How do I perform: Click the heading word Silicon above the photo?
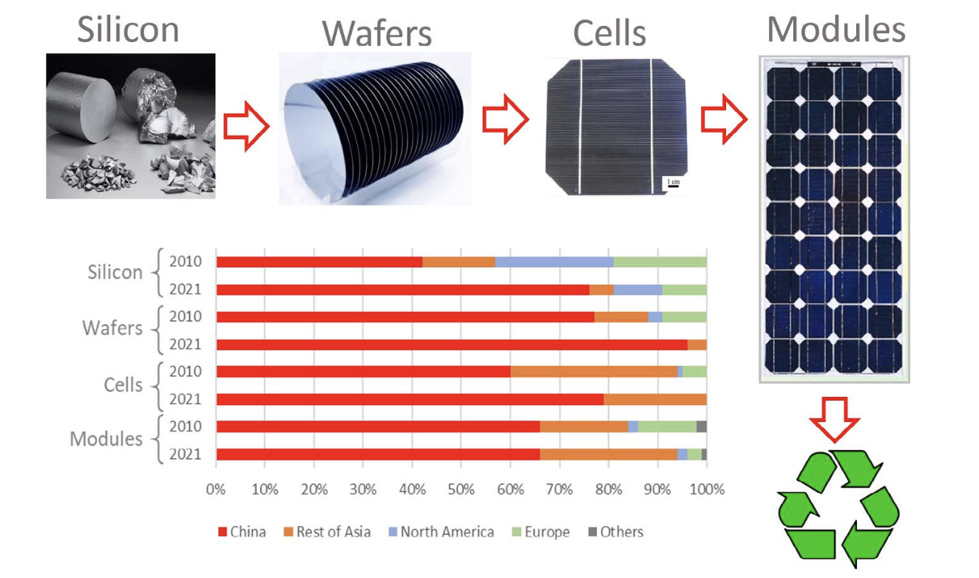point(128,30)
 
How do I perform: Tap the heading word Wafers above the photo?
point(377,33)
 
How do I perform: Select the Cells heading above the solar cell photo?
point(609,33)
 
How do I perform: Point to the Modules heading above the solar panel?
point(836,30)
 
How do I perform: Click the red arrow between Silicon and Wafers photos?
point(246,126)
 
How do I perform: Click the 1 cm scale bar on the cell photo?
point(674,186)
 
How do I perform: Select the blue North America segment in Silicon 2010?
point(554,262)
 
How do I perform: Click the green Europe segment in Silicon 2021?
point(685,290)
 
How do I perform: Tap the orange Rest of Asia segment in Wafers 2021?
point(697,344)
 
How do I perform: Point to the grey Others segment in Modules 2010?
point(702,426)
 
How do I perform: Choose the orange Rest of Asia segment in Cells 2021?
point(655,399)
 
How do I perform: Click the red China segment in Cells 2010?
point(364,372)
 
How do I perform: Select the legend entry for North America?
point(441,531)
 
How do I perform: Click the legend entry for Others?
point(616,531)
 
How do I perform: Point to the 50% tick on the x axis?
point(461,489)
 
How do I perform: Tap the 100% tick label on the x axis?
point(707,489)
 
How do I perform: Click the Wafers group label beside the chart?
point(112,327)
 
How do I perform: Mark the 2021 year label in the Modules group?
point(186,455)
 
